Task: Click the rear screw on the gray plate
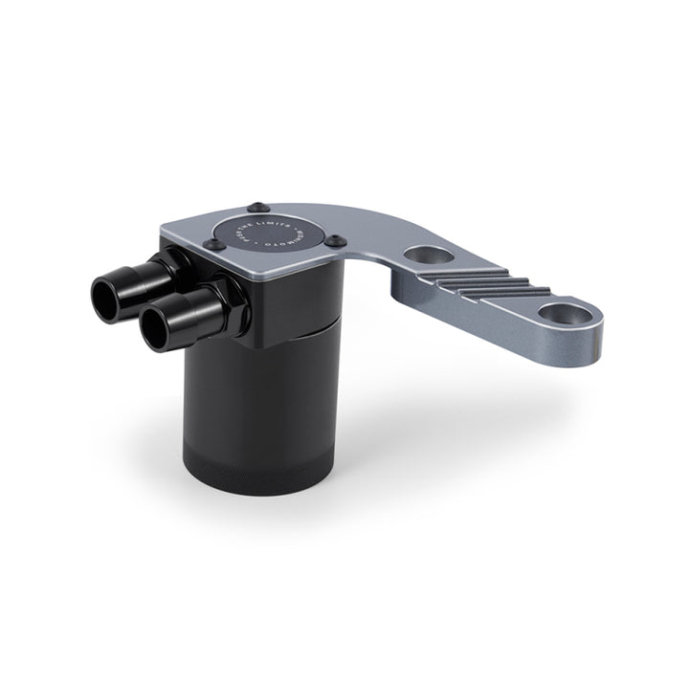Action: [x=258, y=206]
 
